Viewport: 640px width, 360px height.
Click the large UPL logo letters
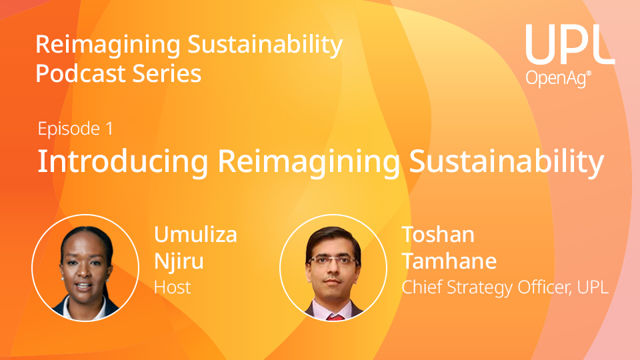point(570,44)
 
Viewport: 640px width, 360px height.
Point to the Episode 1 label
point(75,129)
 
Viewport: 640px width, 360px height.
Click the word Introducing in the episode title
point(123,161)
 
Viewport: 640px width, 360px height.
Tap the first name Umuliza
point(195,235)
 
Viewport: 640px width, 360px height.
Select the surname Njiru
point(179,261)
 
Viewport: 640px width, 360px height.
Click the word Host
point(172,287)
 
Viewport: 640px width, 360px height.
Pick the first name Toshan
point(439,235)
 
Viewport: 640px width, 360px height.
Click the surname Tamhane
point(449,261)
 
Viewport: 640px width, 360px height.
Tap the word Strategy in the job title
point(480,288)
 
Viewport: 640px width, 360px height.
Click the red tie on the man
point(335,317)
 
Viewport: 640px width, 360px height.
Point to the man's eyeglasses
point(333,261)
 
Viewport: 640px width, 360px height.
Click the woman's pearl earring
point(63,279)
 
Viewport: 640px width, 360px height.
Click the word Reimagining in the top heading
point(108,45)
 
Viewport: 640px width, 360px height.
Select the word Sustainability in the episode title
point(506,161)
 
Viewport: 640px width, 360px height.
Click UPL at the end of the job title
point(593,287)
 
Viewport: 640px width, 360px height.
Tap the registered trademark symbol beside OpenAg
point(589,73)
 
